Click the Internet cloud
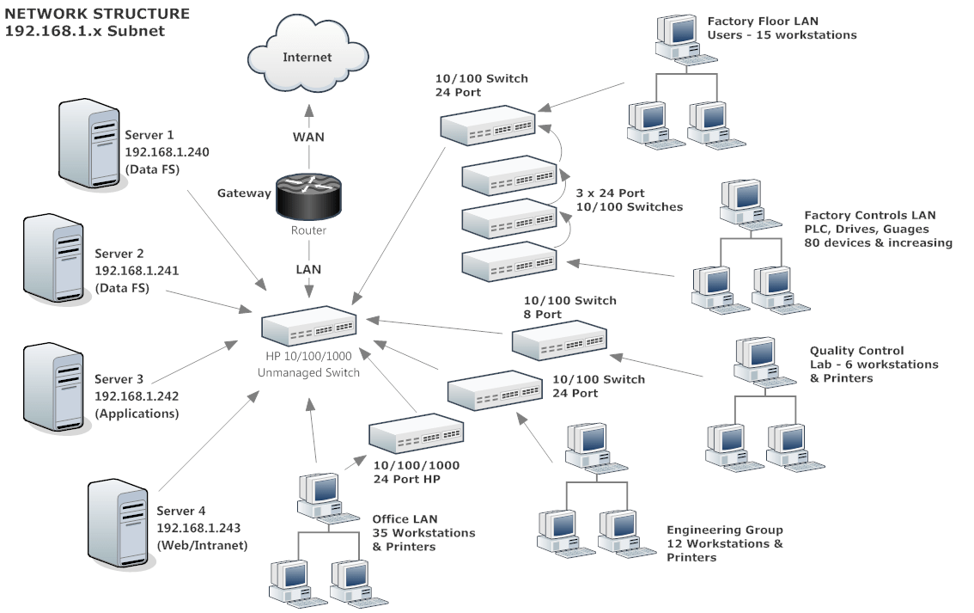pos(307,58)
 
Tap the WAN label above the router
pos(308,138)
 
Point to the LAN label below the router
pos(308,269)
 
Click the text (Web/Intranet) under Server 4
pos(202,545)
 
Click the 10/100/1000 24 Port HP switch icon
pos(417,436)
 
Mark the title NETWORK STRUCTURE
pos(97,14)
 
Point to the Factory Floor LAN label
pos(763,21)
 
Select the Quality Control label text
pos(856,351)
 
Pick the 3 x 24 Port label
pos(610,193)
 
